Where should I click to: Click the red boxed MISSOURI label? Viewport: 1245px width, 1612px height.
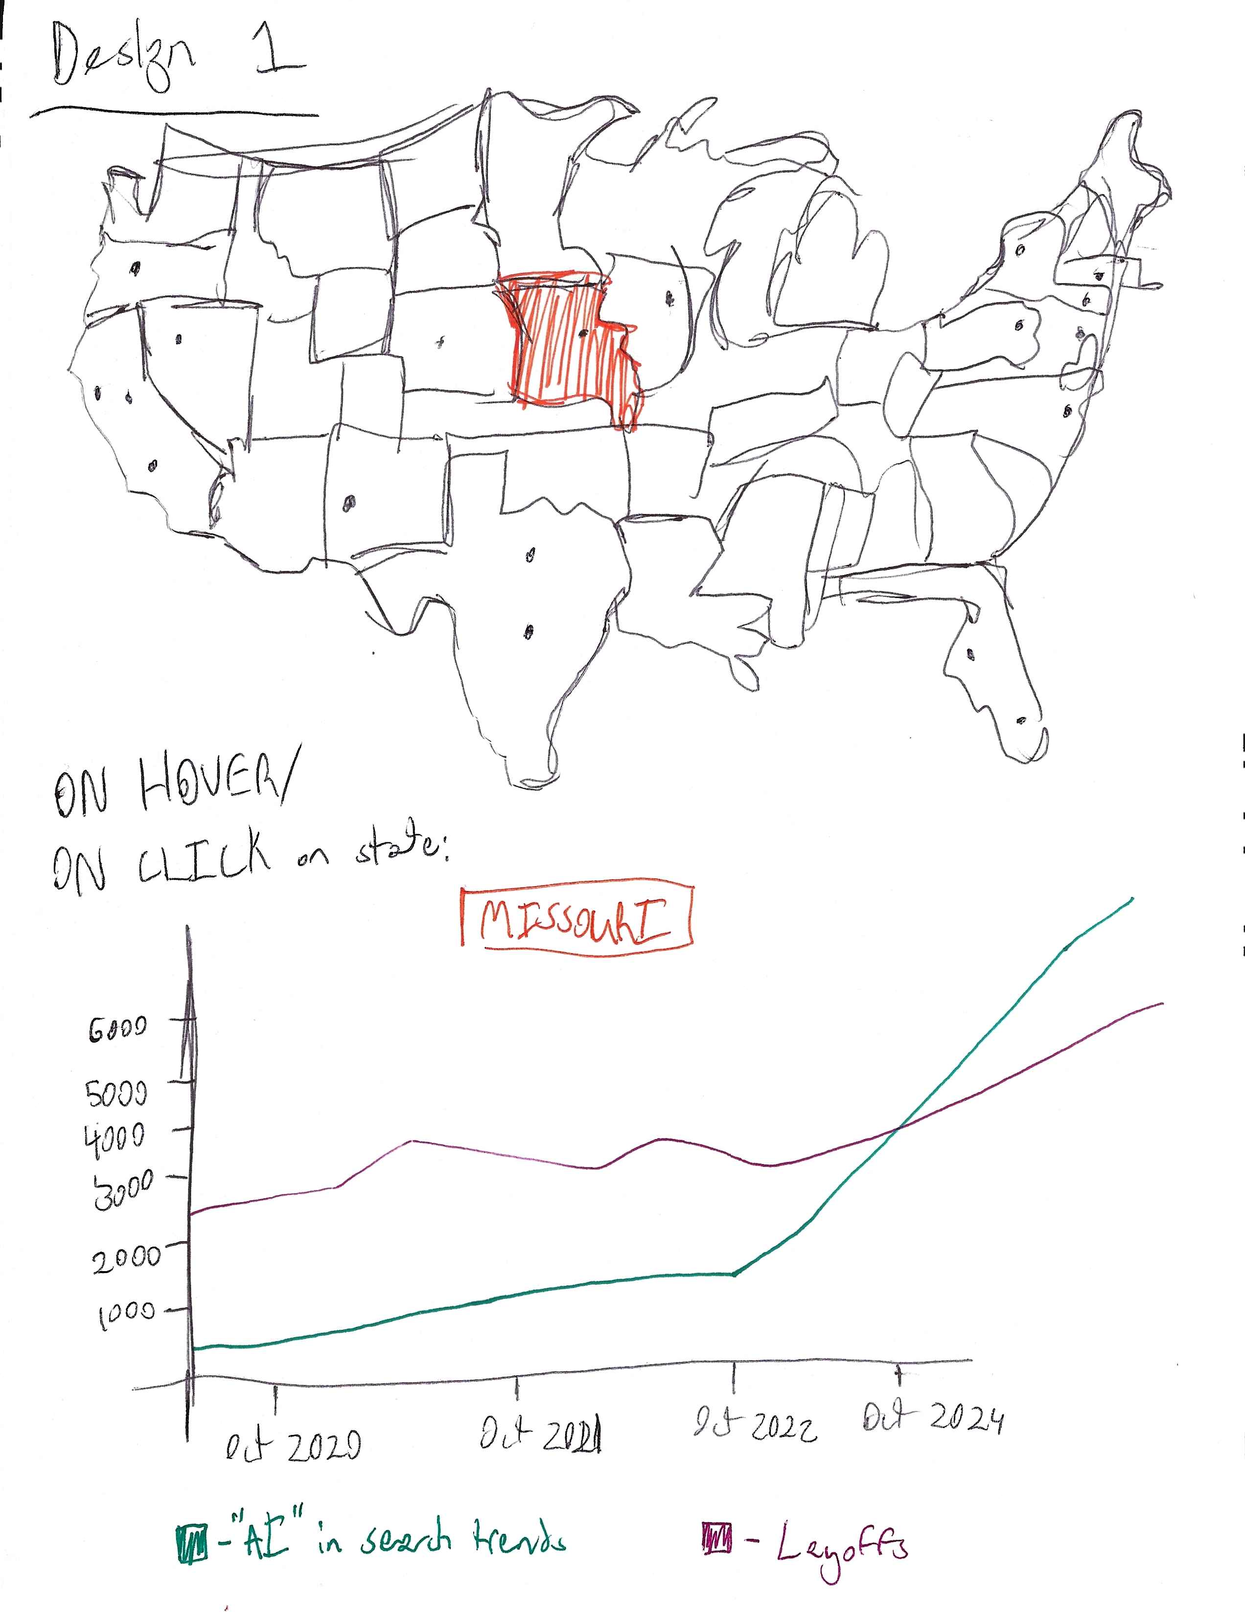[x=576, y=922]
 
